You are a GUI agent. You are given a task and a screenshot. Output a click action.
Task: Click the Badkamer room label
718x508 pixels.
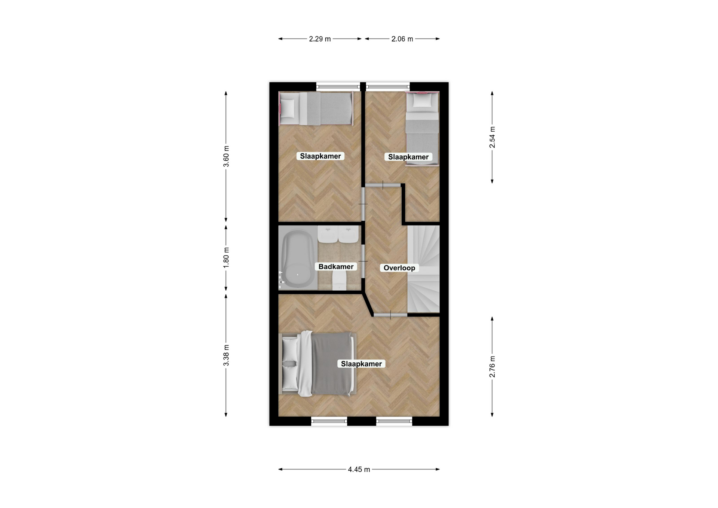(x=336, y=267)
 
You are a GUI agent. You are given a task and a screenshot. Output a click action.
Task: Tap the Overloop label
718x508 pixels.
(x=399, y=268)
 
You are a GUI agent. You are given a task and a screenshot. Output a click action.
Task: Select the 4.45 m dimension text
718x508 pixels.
(x=359, y=469)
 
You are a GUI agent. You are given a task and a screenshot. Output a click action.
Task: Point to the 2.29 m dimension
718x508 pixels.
(x=320, y=39)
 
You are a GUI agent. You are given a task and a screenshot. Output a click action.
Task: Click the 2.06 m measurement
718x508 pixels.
(x=402, y=39)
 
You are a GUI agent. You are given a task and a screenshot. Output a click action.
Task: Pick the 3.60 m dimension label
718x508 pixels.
(x=226, y=156)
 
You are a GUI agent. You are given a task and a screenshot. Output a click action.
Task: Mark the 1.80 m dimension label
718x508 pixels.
(x=226, y=258)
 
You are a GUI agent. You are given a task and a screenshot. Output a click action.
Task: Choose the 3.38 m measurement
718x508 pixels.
(x=226, y=355)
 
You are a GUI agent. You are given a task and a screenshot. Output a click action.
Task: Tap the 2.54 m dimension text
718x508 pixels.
(x=492, y=137)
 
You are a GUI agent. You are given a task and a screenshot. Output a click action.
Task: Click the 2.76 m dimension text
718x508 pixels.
(x=492, y=367)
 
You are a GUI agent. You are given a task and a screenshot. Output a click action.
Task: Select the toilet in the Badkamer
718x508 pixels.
(x=339, y=280)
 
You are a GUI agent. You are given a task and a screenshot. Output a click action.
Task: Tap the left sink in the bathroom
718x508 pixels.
(x=328, y=234)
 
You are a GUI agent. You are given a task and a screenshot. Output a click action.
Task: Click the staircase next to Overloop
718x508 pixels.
(x=423, y=269)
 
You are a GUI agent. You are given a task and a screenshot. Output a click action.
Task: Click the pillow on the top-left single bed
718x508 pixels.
(x=288, y=108)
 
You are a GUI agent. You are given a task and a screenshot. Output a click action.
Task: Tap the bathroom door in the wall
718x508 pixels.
(x=363, y=261)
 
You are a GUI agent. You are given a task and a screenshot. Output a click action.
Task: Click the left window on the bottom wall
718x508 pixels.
(x=329, y=421)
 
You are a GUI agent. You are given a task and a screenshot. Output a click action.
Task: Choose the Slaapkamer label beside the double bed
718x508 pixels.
(x=361, y=364)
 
